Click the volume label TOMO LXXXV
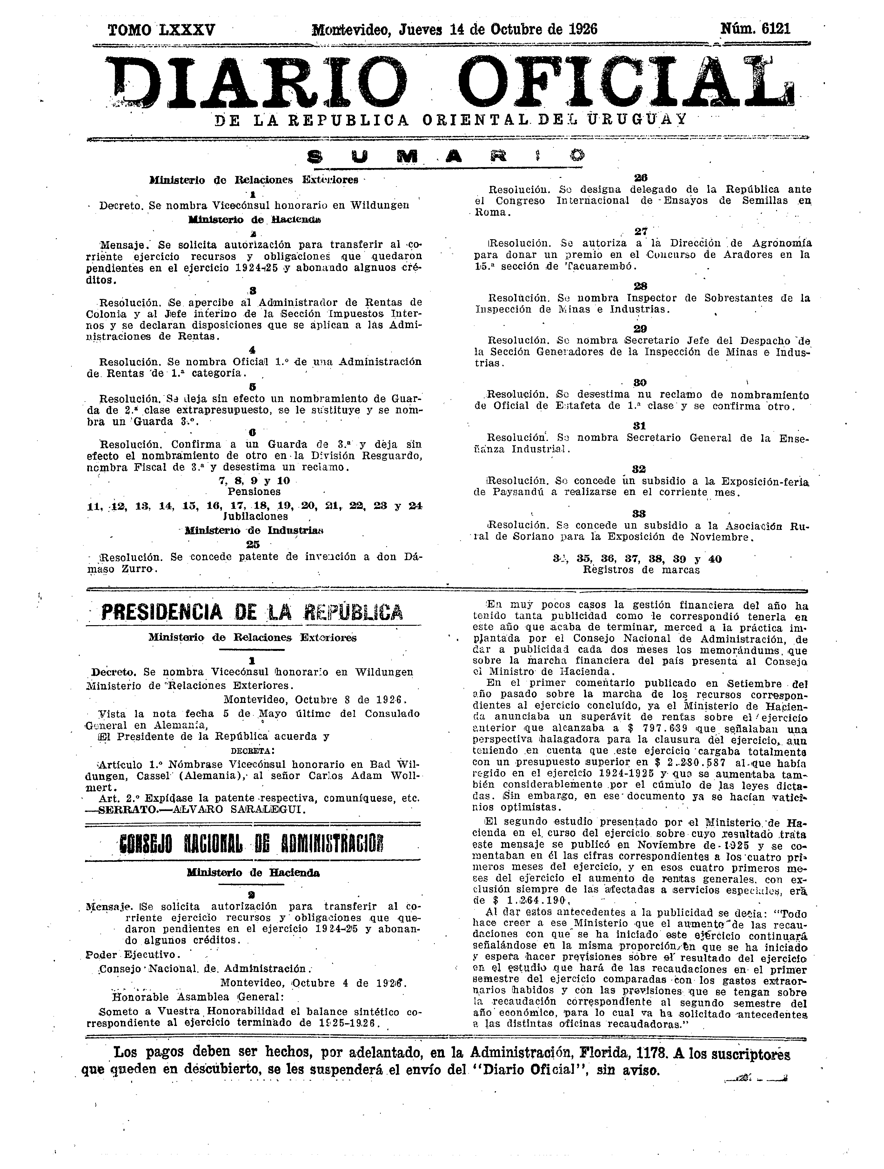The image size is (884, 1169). pos(161,29)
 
